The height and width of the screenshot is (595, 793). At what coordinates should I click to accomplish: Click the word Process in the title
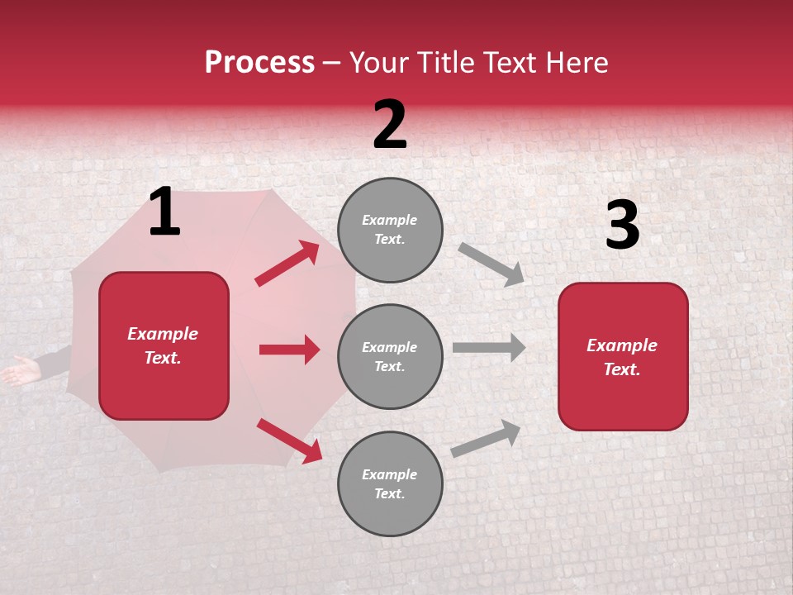click(259, 63)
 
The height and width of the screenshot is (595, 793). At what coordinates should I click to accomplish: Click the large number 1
click(164, 212)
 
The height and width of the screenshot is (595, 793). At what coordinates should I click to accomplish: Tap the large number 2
click(390, 125)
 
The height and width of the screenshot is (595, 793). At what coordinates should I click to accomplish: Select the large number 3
click(622, 226)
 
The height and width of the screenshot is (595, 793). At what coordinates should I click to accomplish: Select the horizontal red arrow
click(289, 350)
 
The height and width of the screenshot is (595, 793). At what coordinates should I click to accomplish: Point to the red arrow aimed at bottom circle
click(289, 440)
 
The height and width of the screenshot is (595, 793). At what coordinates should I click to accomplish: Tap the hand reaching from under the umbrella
click(20, 370)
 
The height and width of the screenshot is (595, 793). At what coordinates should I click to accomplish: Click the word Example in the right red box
click(622, 345)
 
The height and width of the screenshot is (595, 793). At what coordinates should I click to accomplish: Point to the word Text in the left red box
click(163, 358)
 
